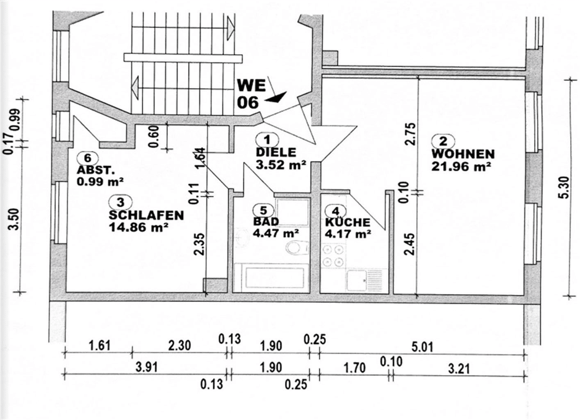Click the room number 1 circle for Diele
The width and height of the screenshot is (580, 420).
coord(267,140)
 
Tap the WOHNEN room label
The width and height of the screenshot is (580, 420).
coord(462,154)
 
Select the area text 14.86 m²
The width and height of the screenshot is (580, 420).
coord(139,227)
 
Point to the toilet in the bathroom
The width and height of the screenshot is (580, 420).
coord(297,247)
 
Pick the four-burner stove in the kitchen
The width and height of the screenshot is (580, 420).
coord(333,255)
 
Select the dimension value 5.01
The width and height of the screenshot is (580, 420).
coord(422,347)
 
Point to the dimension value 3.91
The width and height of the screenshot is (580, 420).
coord(147,367)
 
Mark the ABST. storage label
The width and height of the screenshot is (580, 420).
coord(94,171)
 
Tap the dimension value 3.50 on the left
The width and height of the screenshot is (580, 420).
coord(14,219)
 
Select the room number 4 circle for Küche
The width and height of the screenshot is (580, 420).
coord(336,211)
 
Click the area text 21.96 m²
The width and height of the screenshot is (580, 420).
coord(461,166)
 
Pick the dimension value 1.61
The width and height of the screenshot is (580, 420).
coord(99,345)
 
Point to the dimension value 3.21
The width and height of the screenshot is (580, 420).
coord(459,369)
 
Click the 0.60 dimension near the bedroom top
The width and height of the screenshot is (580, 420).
coord(155,136)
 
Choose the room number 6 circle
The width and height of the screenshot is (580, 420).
coord(87,158)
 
